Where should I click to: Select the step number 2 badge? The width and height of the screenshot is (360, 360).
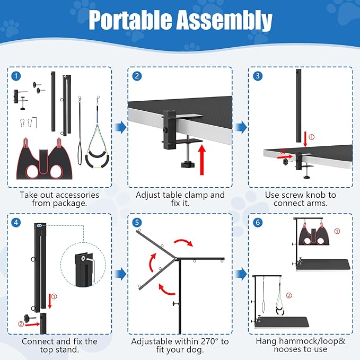click(137, 76)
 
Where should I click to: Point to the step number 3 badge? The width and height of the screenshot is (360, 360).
click(258, 76)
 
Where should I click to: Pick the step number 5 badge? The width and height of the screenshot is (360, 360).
click(137, 223)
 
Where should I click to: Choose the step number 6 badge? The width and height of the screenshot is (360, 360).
click(258, 223)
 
